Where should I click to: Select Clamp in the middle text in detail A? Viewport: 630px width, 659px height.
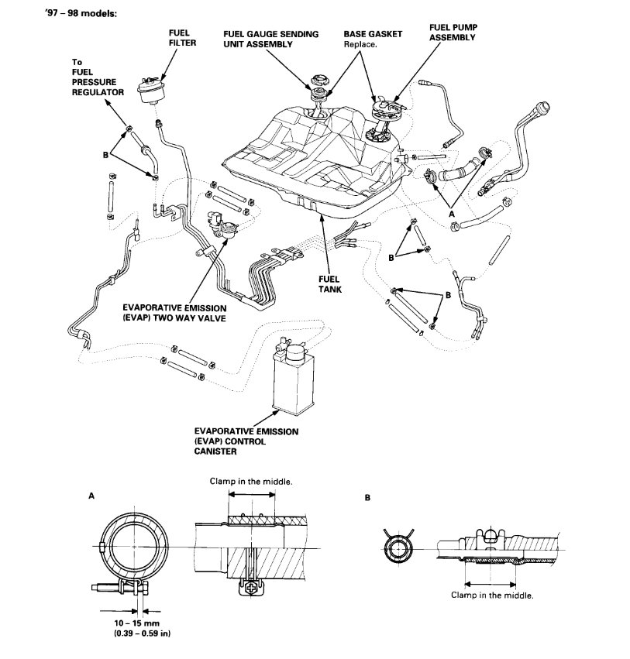click(251, 481)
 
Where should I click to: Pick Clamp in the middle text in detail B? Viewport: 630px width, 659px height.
click(492, 596)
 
